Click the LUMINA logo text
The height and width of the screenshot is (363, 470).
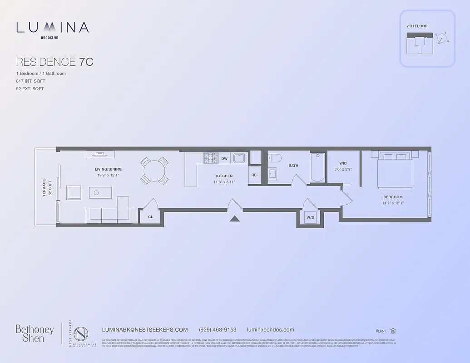coord(52,27)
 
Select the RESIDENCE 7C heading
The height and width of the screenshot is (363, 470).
coord(54,62)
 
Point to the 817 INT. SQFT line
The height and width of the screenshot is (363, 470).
coord(30,81)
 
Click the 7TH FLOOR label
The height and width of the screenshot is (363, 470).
coord(417,26)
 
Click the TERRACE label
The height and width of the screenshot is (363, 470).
coord(45,187)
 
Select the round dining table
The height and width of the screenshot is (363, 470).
coord(154,171)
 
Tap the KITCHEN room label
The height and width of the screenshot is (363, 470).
coord(224,176)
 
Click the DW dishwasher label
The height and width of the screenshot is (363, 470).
coord(224,159)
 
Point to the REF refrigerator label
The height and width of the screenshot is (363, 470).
coord(255,175)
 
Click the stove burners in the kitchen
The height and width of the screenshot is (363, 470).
coord(210,158)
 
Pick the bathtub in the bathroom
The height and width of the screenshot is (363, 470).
coord(317,167)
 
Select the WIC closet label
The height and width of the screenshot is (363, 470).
coord(343,163)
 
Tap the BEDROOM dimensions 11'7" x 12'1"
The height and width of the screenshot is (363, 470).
coord(393,203)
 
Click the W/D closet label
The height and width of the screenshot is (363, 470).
coord(310,217)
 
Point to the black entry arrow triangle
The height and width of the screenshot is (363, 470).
coord(234,218)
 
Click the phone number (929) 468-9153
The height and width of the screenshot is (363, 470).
coord(218,330)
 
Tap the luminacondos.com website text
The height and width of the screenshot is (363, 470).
coord(271,330)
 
